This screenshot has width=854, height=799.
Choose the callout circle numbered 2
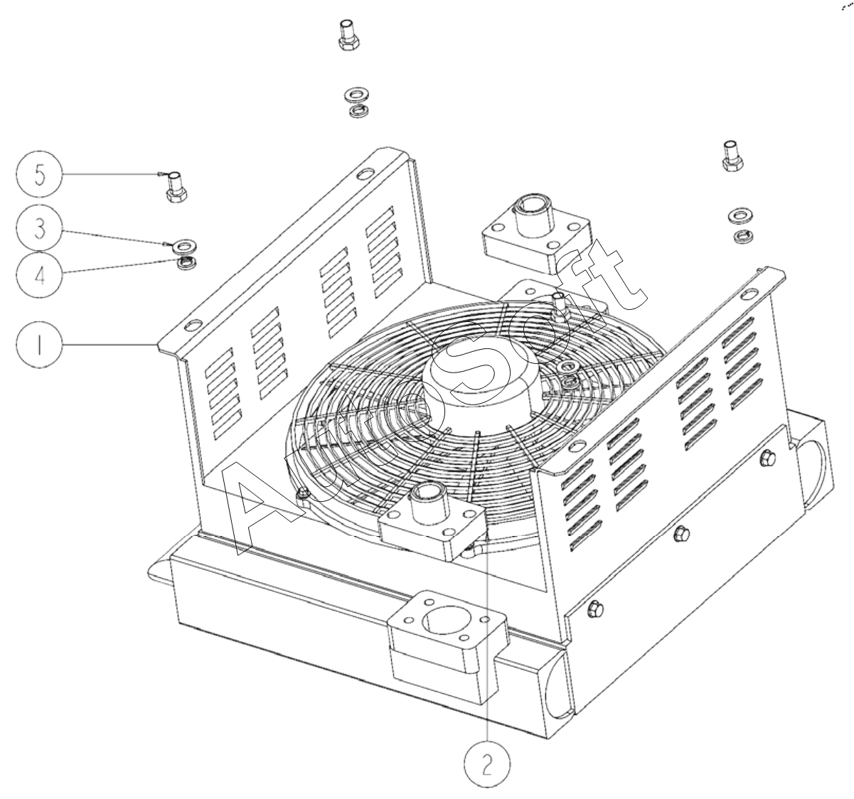(486, 764)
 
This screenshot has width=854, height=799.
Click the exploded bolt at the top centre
(346, 36)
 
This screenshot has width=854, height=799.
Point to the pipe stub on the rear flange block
(530, 210)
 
